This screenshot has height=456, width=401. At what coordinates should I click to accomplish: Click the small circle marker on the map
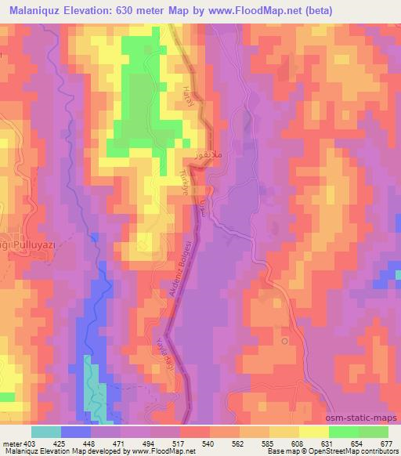[x=285, y=341]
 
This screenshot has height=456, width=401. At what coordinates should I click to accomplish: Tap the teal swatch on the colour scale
[x=46, y=432]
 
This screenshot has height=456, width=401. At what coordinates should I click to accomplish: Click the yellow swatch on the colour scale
[x=312, y=432]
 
